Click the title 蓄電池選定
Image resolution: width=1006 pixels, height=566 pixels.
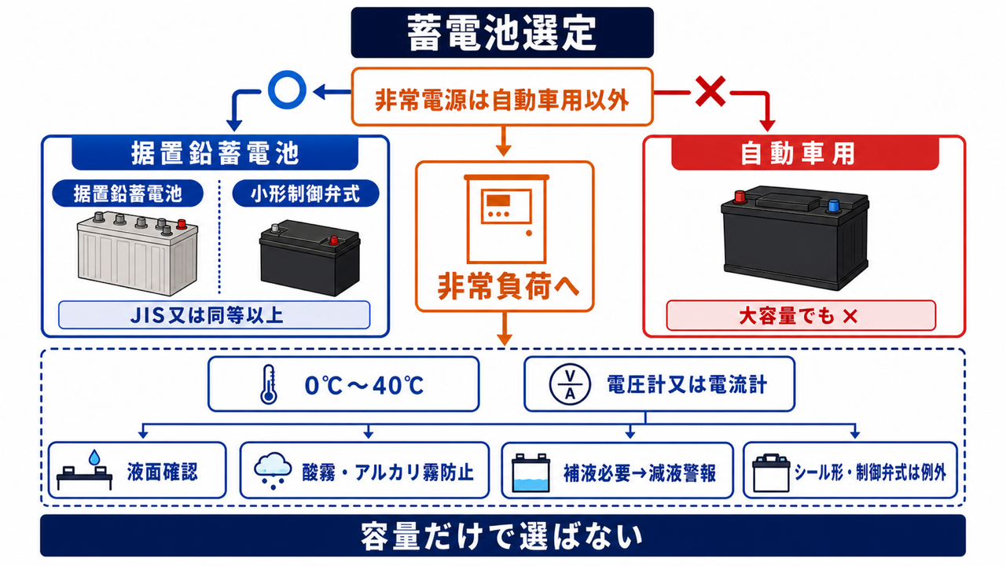pos(501,33)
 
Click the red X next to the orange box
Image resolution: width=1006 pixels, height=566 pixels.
pos(710,91)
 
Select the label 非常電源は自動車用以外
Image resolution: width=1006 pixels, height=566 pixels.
pos(501,100)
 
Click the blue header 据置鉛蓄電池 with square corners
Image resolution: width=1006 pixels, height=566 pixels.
pos(215,153)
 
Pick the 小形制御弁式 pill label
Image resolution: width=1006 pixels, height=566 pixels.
pos(306,193)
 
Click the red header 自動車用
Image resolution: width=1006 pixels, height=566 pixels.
pos(805,153)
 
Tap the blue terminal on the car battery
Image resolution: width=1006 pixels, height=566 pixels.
pos(834,206)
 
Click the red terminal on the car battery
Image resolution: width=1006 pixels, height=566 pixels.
pos(740,197)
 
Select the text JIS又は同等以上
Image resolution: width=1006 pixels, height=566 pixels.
pos(207,315)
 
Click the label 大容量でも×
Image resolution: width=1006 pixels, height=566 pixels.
pos(799,316)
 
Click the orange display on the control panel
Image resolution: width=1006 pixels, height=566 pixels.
pos(498,200)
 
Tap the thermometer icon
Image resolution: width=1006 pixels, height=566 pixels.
pos(269,384)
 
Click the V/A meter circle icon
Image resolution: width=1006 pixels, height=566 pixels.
pos(570,384)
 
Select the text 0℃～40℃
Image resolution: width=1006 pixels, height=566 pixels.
pos(364,385)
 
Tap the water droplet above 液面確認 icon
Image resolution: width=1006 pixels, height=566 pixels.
pos(94,458)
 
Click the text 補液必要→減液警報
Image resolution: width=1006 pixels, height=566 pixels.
pos(640,473)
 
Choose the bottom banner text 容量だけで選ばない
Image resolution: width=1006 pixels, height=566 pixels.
pos(501,536)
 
